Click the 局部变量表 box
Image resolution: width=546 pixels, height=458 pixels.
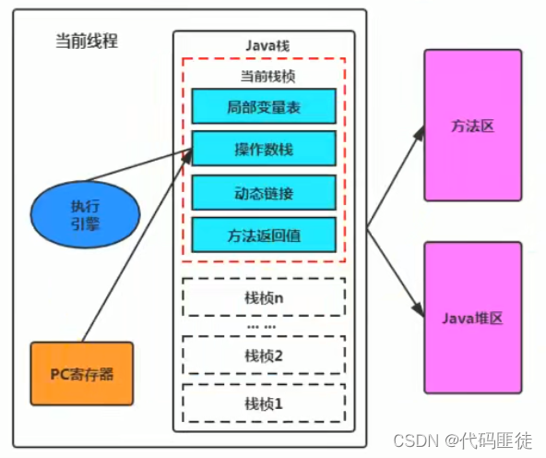(263, 107)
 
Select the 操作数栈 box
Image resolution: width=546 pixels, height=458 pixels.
(263, 148)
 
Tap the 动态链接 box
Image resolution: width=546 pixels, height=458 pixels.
(263, 192)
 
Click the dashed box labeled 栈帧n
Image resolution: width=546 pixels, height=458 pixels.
(263, 298)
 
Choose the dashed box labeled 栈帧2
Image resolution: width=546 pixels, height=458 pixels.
(263, 356)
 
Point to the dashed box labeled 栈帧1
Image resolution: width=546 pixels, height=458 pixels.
(263, 403)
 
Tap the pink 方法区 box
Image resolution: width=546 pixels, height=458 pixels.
(472, 126)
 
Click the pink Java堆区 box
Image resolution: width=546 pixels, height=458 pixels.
(472, 317)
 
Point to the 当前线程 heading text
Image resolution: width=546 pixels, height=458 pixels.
(86, 42)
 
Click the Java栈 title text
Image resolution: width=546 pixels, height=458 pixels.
(263, 43)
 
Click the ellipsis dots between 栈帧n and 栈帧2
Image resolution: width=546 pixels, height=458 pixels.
(263, 327)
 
